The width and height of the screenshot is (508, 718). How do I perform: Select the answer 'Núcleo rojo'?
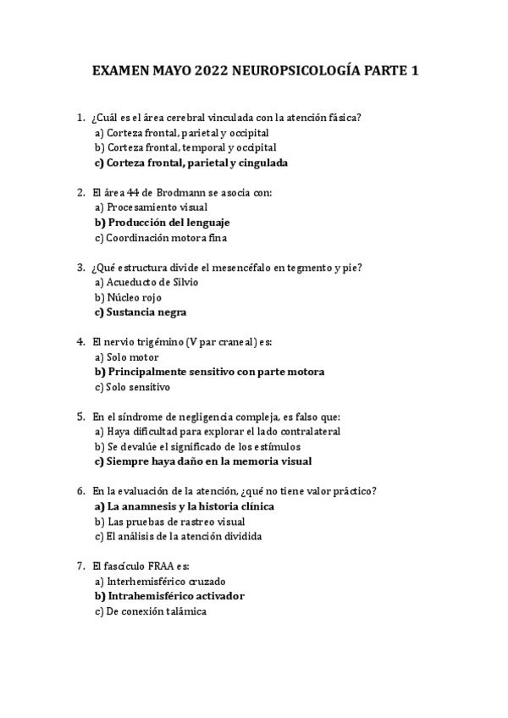point(133,297)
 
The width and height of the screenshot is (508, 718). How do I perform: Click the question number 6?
point(80,491)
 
